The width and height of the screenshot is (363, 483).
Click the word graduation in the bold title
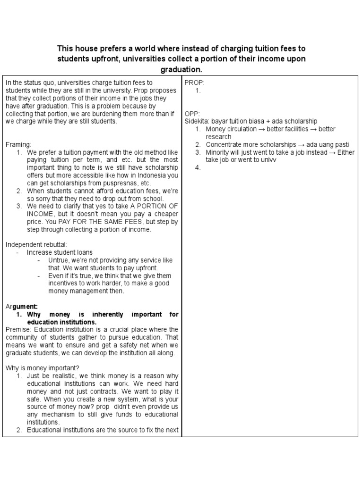[x=181, y=69]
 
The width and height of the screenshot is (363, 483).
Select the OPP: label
[x=192, y=114]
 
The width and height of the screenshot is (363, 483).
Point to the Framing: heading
[x=18, y=144]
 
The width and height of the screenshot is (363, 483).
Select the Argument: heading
[x=22, y=306]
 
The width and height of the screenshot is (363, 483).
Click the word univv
[x=268, y=160]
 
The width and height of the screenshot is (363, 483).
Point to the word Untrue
[x=59, y=260]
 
